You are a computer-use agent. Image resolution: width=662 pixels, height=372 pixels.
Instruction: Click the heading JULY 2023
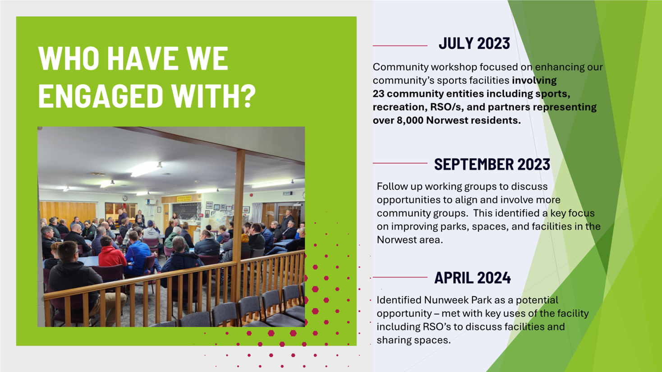pyautogui.click(x=474, y=43)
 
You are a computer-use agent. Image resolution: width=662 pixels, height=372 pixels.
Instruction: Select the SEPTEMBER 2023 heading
pyautogui.click(x=492, y=164)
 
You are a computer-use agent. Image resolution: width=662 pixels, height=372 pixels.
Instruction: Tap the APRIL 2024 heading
pyautogui.click(x=473, y=278)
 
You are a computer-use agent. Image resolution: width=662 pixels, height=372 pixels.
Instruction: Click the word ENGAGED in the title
pyautogui.click(x=101, y=96)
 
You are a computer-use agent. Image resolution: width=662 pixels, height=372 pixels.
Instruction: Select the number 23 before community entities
pyautogui.click(x=378, y=94)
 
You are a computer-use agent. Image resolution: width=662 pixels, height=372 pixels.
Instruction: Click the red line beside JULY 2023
pyautogui.click(x=400, y=46)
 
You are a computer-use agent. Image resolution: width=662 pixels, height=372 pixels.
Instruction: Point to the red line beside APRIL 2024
pyautogui.click(x=400, y=277)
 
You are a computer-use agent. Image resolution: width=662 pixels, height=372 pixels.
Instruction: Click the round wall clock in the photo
pyautogui.click(x=125, y=198)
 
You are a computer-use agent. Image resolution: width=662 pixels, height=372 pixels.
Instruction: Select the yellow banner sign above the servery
pyautogui.click(x=184, y=198)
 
